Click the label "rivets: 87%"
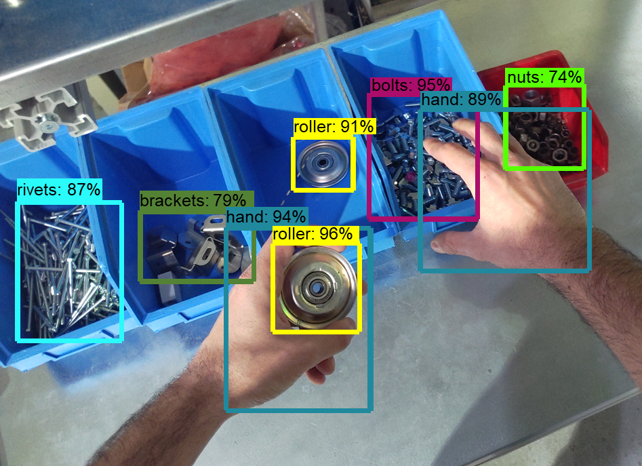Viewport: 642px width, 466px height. click(x=59, y=190)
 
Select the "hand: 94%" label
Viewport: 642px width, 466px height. click(x=266, y=216)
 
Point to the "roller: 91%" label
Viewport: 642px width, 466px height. click(x=334, y=127)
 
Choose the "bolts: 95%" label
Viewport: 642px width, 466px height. click(x=411, y=85)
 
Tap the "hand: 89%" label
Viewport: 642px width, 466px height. click(x=461, y=100)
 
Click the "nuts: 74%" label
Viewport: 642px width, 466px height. click(x=544, y=77)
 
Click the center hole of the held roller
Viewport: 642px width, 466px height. click(x=316, y=288)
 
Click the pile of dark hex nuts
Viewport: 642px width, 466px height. click(x=542, y=131)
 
